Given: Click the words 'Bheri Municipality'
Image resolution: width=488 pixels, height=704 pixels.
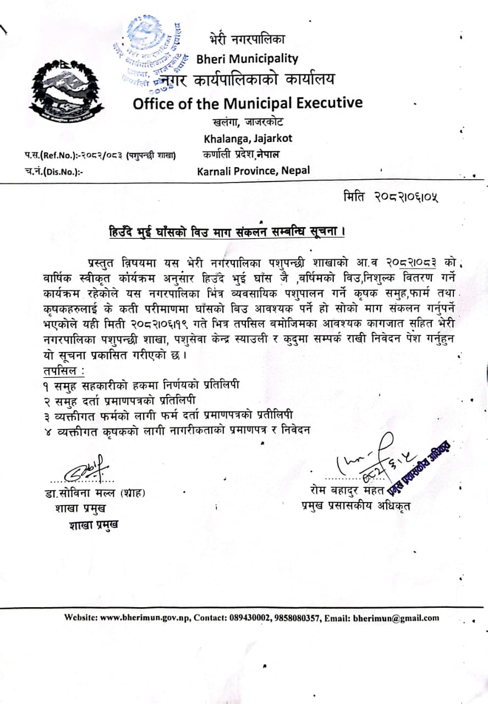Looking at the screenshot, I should pyautogui.click(x=247, y=59).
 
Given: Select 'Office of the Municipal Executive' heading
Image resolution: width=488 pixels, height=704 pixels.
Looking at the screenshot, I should pyautogui.click(x=248, y=103).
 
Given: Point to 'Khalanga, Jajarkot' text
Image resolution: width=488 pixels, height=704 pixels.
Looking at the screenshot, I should pyautogui.click(x=248, y=138).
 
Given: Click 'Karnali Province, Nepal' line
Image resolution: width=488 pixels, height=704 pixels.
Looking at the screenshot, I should pyautogui.click(x=254, y=170).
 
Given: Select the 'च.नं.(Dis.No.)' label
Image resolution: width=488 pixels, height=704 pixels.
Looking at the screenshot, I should pyautogui.click(x=53, y=171).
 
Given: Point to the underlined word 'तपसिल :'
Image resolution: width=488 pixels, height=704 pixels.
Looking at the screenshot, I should pyautogui.click(x=61, y=372).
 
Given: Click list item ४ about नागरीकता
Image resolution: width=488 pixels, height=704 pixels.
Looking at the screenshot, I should pyautogui.click(x=176, y=430).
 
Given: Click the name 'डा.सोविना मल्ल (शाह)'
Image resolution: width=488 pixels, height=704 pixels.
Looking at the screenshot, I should pyautogui.click(x=96, y=493).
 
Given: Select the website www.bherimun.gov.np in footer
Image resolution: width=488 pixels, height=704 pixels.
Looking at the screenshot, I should pyautogui.click(x=146, y=618).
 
